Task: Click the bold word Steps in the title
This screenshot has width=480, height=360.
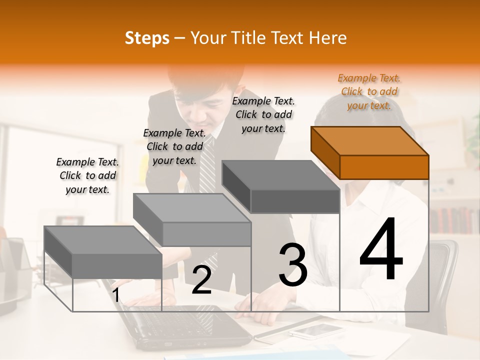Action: [x=146, y=38]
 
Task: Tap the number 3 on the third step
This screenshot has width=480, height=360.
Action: [x=292, y=265]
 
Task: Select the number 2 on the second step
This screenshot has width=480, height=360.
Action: [x=201, y=280]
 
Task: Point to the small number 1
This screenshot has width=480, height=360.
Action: [x=115, y=295]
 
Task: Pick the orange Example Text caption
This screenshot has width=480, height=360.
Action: [x=369, y=91]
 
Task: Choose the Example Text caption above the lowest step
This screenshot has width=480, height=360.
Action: [x=87, y=175]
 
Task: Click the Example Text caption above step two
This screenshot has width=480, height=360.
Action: [x=174, y=146]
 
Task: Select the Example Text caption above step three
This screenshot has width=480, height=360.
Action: [x=263, y=114]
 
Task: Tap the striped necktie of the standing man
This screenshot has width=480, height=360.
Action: [x=208, y=170]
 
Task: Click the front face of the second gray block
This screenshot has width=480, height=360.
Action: [x=207, y=234]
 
